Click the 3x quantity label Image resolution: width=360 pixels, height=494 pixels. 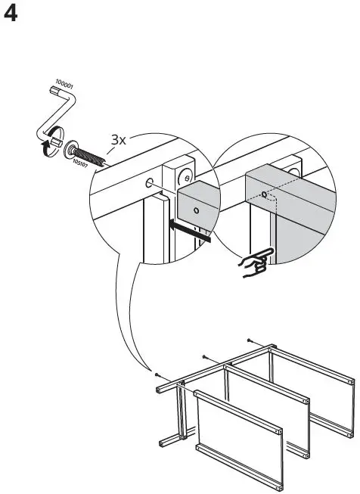119,140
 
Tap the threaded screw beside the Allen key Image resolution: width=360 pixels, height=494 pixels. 92,151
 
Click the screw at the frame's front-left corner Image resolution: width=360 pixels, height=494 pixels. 155,374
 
